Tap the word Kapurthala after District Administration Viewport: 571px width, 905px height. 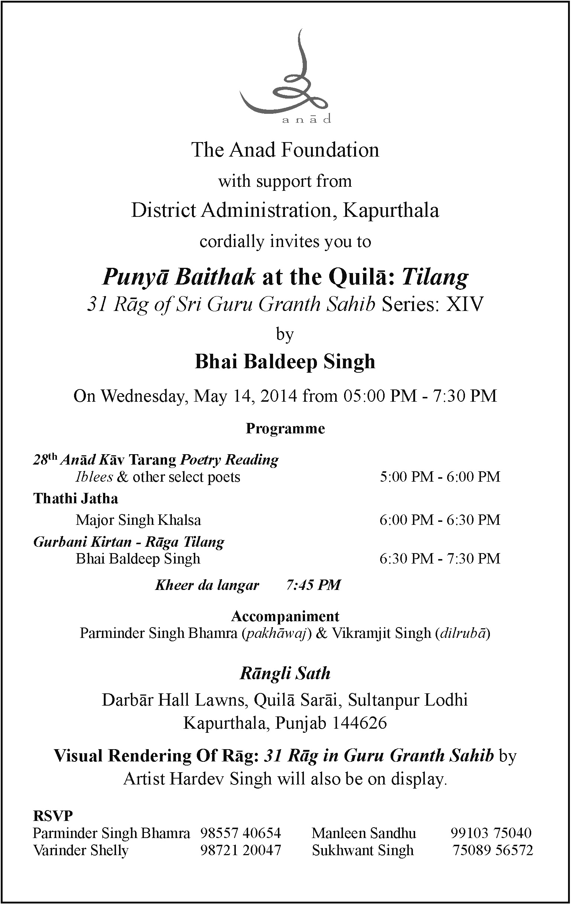coord(391,210)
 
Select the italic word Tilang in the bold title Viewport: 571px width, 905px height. coord(435,277)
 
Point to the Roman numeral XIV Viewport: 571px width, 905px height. coord(463,304)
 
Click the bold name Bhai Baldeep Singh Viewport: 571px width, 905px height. coord(285,362)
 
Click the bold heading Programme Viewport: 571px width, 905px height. coord(285,429)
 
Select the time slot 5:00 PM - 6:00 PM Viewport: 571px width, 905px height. coord(440,476)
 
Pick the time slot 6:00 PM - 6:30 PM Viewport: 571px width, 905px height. coord(440,520)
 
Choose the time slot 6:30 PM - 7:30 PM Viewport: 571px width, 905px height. coord(440,558)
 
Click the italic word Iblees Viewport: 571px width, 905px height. coord(94,477)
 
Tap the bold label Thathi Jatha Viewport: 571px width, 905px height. coord(76,498)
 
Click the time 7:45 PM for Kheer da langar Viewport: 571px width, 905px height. coord(313,585)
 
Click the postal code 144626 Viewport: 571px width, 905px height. coord(359,723)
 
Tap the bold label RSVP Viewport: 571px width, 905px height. coord(52,816)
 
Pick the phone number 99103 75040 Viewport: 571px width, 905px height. coord(491,833)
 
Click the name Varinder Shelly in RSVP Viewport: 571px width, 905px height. coord(81,850)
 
